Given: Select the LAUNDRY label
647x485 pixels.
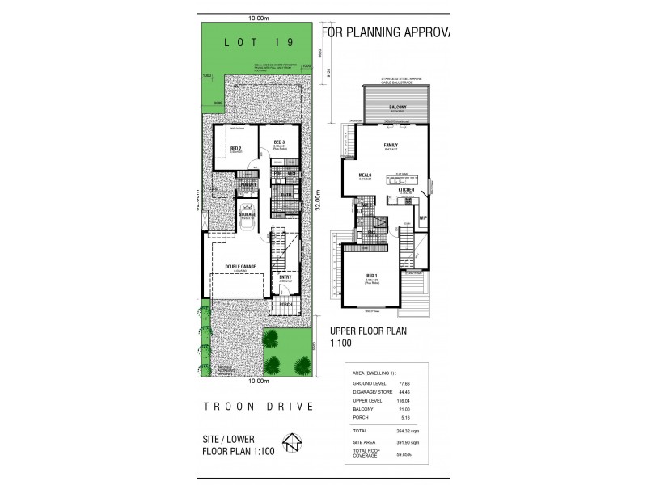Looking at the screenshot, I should (x=248, y=185).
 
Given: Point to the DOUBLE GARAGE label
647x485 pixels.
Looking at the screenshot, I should (x=241, y=267).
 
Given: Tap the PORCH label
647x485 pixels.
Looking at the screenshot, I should (x=286, y=304).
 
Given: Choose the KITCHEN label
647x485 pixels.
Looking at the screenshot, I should (x=407, y=189).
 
